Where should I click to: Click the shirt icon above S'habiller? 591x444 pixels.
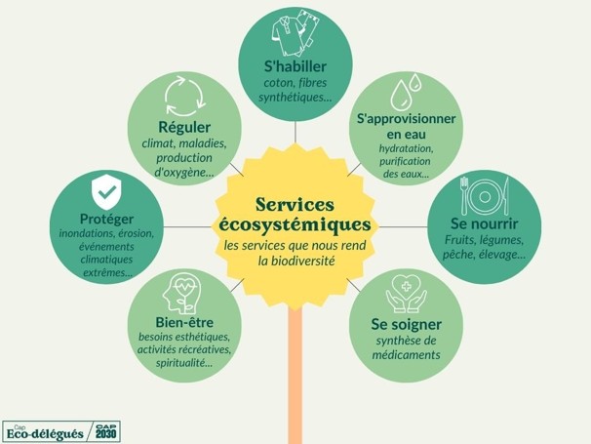[295, 35]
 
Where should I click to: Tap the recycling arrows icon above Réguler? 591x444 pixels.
[183, 96]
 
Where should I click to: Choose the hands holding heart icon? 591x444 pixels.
[406, 291]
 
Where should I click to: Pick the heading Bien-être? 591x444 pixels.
[183, 322]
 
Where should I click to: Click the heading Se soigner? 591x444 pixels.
[406, 323]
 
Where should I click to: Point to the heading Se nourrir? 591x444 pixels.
[485, 223]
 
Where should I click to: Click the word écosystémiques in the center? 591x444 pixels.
[295, 225]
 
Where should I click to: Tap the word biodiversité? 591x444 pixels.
[320, 262]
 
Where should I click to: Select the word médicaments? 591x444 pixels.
[406, 355]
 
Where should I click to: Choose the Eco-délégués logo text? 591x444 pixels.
[45, 432]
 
